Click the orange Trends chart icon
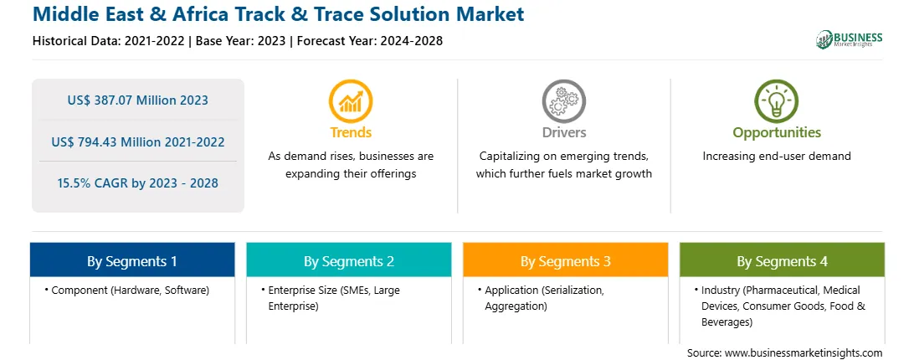(x=351, y=101)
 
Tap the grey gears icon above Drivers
(x=563, y=101)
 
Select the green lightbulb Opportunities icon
(x=777, y=101)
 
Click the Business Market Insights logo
(x=850, y=39)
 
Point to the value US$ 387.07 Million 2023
(x=137, y=100)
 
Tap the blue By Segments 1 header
(x=132, y=260)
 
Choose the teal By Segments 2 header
(x=348, y=260)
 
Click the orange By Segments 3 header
(x=566, y=260)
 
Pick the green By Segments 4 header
(x=783, y=260)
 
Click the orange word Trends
(x=351, y=132)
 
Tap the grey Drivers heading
(x=563, y=132)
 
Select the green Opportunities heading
(x=777, y=133)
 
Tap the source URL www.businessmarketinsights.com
(x=804, y=353)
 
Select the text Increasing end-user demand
(x=777, y=157)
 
